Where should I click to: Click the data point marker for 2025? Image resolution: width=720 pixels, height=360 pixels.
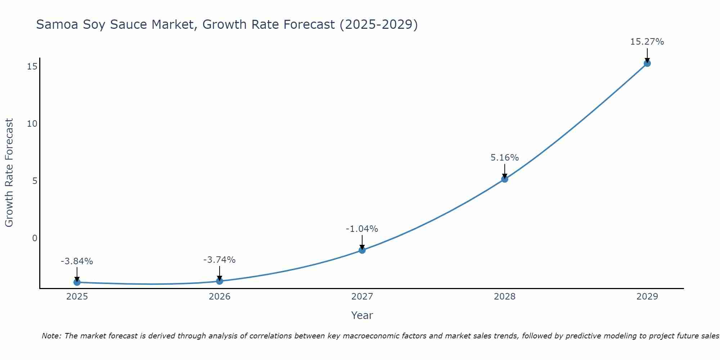tap(77, 282)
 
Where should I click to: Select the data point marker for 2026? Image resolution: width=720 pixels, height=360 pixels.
tap(220, 281)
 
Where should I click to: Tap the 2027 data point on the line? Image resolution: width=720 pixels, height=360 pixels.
tap(362, 250)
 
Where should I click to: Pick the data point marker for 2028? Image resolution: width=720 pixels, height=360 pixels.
tap(505, 179)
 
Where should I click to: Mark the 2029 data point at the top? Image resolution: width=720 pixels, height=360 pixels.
tap(647, 63)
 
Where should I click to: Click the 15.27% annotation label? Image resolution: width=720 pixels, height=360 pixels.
tap(647, 42)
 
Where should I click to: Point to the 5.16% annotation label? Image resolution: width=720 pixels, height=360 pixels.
tap(505, 158)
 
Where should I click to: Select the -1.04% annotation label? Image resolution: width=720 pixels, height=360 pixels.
tap(362, 229)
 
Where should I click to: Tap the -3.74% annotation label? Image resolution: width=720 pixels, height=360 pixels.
tap(219, 260)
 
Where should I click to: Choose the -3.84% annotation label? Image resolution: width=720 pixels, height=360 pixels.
tap(77, 261)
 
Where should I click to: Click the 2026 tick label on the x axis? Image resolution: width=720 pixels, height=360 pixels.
tap(220, 297)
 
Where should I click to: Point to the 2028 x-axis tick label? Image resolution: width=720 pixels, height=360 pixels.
tap(505, 297)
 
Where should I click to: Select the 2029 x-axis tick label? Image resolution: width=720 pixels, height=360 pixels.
tap(647, 297)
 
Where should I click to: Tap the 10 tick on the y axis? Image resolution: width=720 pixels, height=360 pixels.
tap(32, 124)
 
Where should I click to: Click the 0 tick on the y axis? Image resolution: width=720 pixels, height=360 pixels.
tap(35, 238)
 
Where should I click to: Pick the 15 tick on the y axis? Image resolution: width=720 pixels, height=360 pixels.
tap(32, 67)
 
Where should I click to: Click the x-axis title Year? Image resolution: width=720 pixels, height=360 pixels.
tap(362, 315)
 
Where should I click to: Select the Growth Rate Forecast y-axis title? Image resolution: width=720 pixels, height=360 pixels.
tap(9, 173)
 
